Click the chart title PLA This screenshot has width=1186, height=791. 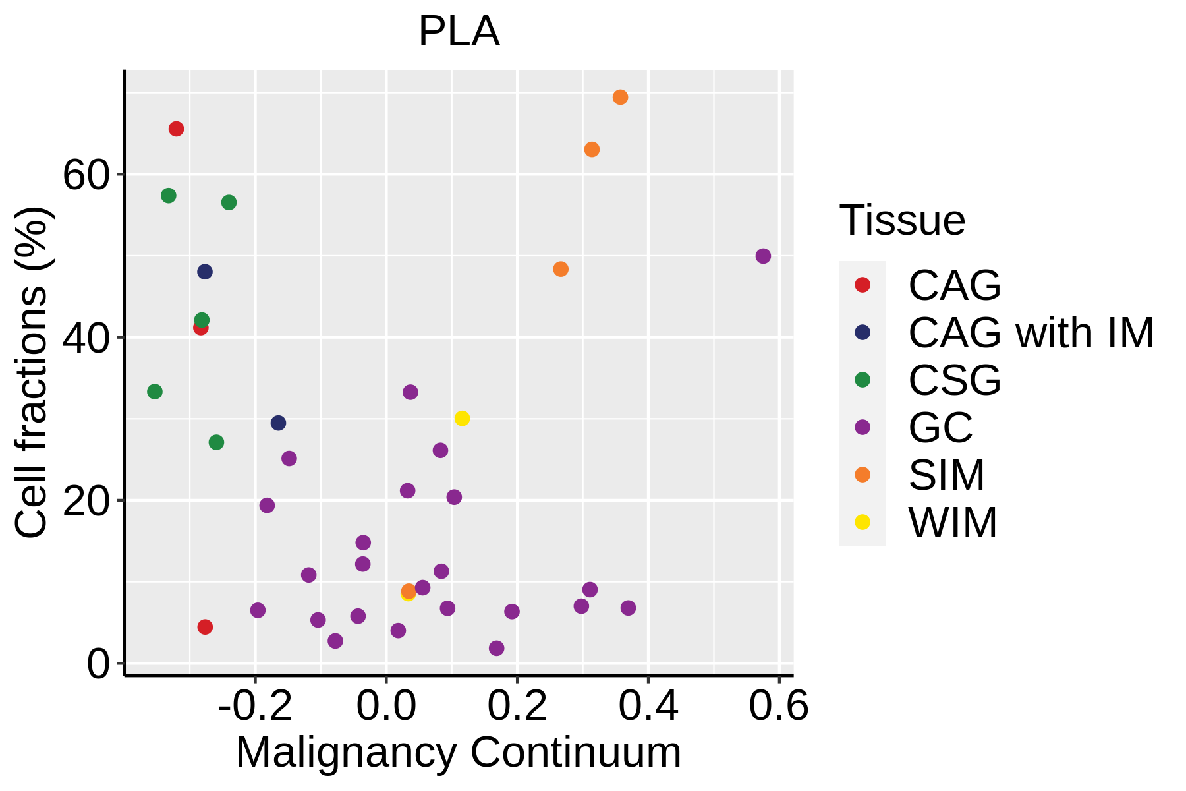459,32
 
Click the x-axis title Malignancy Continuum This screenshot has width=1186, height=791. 459,752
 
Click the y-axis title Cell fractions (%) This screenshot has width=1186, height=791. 32,372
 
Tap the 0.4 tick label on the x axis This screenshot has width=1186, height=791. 648,707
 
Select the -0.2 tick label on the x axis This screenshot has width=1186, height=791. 255,707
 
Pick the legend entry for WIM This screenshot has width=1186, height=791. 953,523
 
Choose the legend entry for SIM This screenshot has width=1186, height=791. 946,475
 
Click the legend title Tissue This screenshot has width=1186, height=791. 902,220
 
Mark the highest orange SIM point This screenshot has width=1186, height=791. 620,98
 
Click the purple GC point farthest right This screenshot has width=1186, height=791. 763,256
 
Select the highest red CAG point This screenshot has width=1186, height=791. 176,129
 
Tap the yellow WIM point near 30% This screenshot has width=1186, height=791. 462,419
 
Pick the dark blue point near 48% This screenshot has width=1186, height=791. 205,272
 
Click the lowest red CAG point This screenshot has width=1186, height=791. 205,627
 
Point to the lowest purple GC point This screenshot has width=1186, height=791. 496,649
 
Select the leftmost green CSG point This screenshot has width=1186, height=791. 155,392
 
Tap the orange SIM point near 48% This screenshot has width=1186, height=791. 561,269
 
